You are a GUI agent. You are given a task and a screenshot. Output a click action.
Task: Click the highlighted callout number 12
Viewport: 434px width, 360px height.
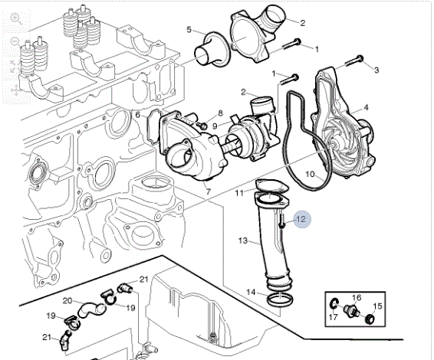(x=301, y=219)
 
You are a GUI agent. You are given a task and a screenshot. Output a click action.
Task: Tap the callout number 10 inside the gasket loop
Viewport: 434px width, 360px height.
(x=311, y=174)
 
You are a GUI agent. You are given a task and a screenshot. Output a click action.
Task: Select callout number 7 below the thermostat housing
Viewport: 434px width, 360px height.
(x=208, y=191)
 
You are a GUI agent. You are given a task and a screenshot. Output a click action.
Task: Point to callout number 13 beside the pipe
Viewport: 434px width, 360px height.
(x=243, y=241)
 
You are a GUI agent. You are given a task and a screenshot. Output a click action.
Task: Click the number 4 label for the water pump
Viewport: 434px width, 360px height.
(x=366, y=107)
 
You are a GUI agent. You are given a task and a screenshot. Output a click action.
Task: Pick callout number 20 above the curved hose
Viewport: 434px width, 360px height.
(x=67, y=300)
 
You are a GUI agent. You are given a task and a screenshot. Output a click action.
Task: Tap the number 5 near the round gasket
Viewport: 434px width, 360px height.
(x=189, y=29)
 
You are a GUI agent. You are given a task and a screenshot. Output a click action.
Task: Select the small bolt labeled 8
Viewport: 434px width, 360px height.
(x=203, y=126)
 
